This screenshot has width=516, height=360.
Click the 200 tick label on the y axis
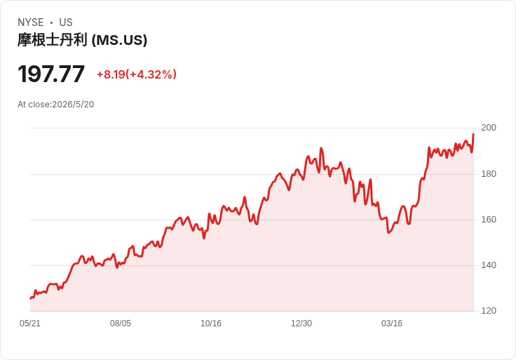(489, 128)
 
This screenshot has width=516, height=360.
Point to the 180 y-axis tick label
(489, 174)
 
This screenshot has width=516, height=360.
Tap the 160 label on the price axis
(489, 220)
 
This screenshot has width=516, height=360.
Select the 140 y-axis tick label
(489, 265)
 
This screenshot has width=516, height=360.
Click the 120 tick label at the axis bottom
(489, 311)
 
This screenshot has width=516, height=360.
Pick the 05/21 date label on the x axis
(30, 324)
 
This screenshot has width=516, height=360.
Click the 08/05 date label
(121, 324)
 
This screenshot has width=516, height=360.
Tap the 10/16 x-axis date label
(211, 324)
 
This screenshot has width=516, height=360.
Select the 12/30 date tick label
(301, 324)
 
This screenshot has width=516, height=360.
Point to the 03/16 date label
(392, 324)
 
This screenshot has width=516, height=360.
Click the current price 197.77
(51, 74)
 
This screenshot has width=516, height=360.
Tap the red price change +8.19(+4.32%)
(137, 74)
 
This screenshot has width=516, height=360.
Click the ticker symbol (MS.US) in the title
(119, 41)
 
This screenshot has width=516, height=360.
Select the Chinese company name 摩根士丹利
(53, 40)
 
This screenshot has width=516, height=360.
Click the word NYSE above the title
(31, 22)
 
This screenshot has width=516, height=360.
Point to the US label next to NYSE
(66, 22)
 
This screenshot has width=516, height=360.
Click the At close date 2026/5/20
(73, 105)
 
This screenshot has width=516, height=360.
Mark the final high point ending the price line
(473, 134)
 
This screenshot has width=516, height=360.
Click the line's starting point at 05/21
(30, 298)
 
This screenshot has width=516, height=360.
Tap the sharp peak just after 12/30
(321, 148)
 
